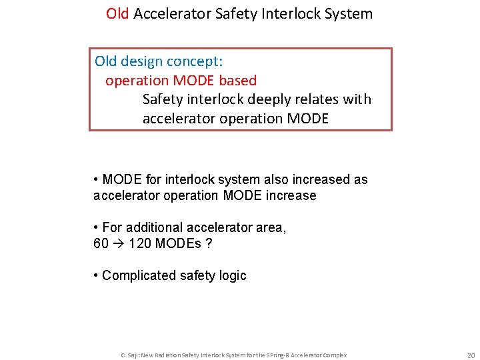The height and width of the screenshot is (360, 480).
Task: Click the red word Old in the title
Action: [117, 13]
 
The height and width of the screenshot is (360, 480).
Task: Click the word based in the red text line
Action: [238, 81]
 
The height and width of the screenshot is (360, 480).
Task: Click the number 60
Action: [101, 243]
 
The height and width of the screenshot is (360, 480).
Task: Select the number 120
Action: [139, 243]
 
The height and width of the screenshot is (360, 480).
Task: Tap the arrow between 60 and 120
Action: [118, 243]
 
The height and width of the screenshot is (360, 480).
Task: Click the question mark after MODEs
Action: [209, 243]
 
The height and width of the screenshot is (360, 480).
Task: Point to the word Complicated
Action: [137, 275]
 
